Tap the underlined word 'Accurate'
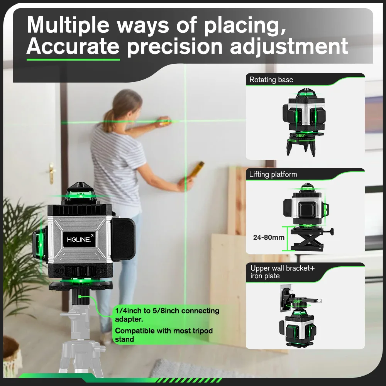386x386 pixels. point(73,47)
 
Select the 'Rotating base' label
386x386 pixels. point(271,80)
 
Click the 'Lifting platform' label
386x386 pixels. point(273,174)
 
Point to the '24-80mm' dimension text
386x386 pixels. point(269,237)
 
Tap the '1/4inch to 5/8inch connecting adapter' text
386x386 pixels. point(167,315)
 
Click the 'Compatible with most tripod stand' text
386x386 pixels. point(164,335)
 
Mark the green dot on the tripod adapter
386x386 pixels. point(80,296)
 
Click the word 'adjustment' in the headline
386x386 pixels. point(289,47)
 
